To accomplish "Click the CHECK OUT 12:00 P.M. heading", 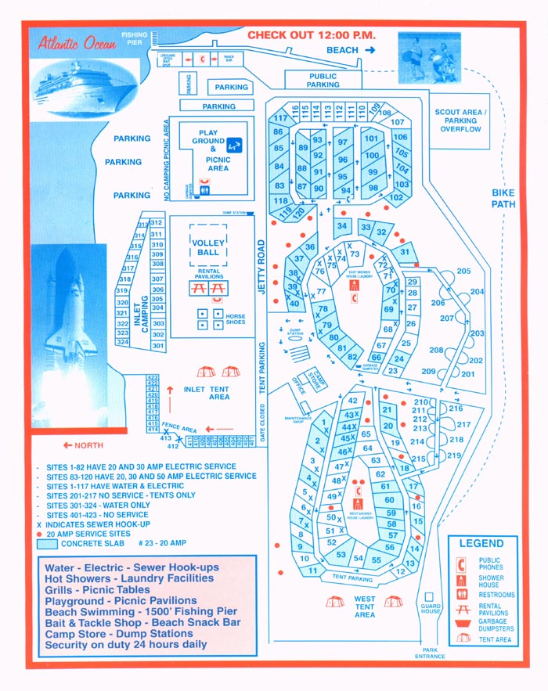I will click(312, 35).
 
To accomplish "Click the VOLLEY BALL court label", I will click(207, 247).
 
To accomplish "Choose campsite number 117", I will click(280, 119).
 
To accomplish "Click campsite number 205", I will click(463, 272).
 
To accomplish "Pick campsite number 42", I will click(353, 401).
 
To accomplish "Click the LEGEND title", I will click(481, 543).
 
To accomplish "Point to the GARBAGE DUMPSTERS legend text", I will click(498, 624).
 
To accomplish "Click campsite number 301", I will click(158, 346).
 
